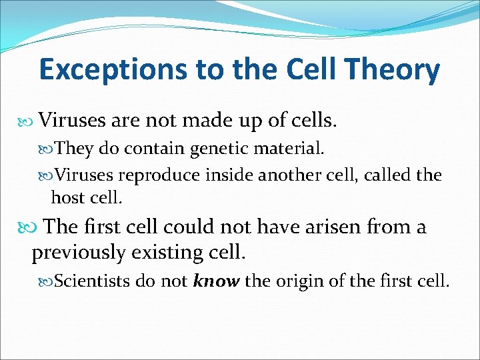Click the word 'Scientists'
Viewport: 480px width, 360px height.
(92, 281)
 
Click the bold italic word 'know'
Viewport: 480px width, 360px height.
(216, 281)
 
